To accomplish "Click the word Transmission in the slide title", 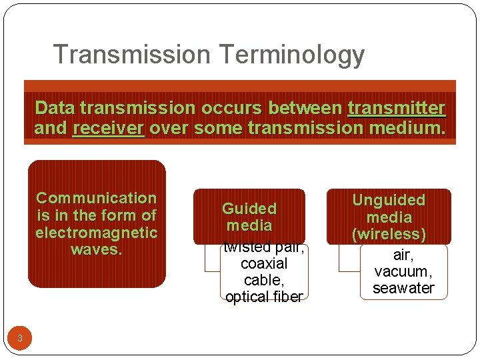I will pyautogui.click(x=131, y=55).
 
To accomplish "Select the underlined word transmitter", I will pyautogui.click(x=397, y=107).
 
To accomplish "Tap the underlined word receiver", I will pyautogui.click(x=108, y=127).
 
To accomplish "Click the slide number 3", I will pyautogui.click(x=20, y=338).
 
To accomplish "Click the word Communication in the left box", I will pyautogui.click(x=96, y=198).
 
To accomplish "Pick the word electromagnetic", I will pyautogui.click(x=96, y=233).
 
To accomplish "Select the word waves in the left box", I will pyautogui.click(x=96, y=250).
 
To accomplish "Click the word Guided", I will pyautogui.click(x=249, y=209).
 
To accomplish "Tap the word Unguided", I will pyautogui.click(x=389, y=200).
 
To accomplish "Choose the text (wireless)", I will pyautogui.click(x=389, y=235).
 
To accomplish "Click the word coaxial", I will pyautogui.click(x=263, y=263).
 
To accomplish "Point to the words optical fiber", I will pyautogui.click(x=263, y=297).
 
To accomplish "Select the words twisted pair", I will pyautogui.click(x=263, y=247).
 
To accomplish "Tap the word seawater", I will pyautogui.click(x=403, y=288).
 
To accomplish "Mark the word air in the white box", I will pyautogui.click(x=402, y=255).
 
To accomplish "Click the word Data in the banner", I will pyautogui.click(x=50, y=107).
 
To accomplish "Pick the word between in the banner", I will pyautogui.click(x=306, y=107).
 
